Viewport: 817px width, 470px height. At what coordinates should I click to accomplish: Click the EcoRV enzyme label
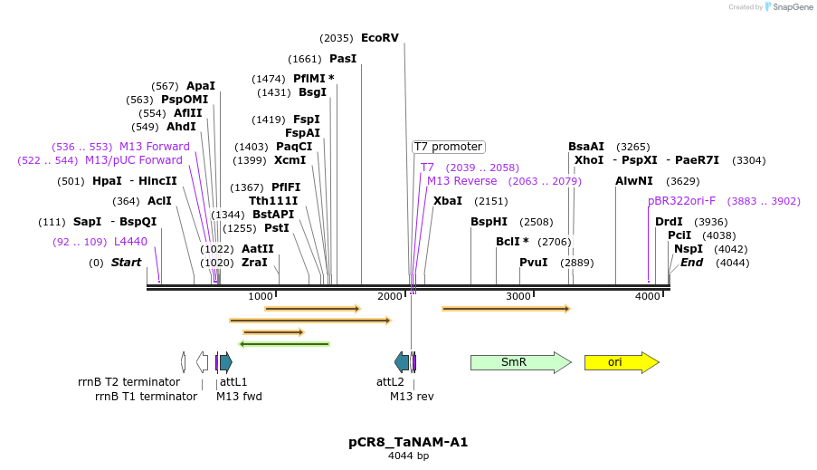click(x=379, y=38)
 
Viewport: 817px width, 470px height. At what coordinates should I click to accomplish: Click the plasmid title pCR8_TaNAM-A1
click(x=408, y=442)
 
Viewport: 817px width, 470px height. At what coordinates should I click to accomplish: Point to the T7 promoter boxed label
click(x=448, y=147)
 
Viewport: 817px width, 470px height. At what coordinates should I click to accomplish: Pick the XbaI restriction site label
click(x=447, y=201)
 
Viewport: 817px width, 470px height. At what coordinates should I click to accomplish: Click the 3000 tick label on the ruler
click(x=518, y=297)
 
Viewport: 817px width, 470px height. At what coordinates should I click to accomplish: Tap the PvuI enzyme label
click(x=533, y=263)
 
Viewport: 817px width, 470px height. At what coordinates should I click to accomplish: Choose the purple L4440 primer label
click(x=130, y=242)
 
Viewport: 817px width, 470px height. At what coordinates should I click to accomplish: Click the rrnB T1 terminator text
click(x=146, y=396)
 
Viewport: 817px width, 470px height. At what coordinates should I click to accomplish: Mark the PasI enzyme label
click(x=343, y=59)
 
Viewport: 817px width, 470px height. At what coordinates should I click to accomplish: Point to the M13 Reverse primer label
click(x=461, y=181)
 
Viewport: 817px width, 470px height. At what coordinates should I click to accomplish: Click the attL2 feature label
click(x=390, y=382)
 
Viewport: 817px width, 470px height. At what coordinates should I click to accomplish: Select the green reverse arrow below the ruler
click(x=284, y=344)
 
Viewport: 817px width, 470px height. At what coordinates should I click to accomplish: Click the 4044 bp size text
click(x=408, y=456)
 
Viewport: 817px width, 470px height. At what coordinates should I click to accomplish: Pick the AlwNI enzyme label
click(x=634, y=181)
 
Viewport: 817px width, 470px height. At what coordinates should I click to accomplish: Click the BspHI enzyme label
click(x=489, y=222)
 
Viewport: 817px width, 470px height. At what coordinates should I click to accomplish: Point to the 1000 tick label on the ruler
click(x=260, y=297)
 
